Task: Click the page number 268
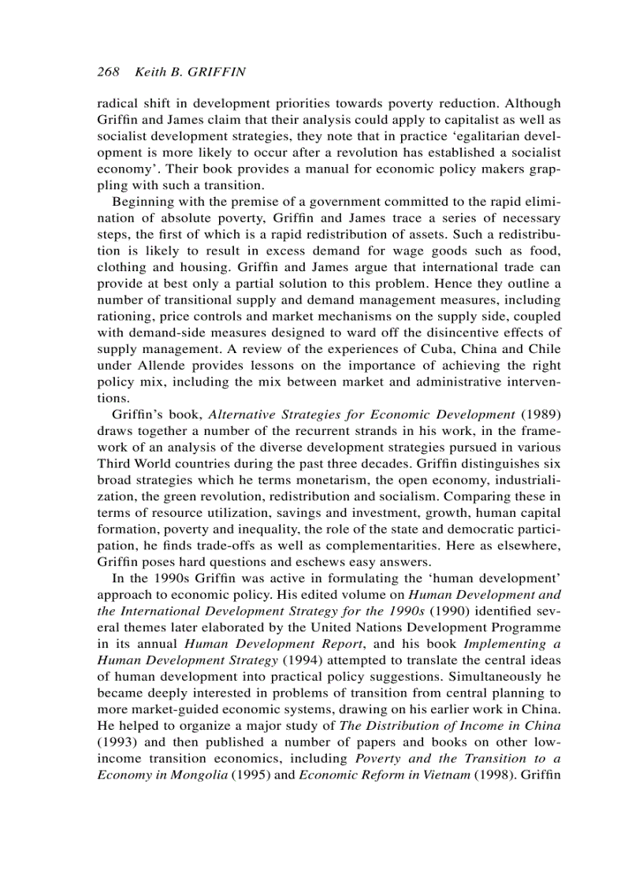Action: click(x=108, y=72)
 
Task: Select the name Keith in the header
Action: click(x=151, y=72)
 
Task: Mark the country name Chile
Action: click(x=545, y=349)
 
